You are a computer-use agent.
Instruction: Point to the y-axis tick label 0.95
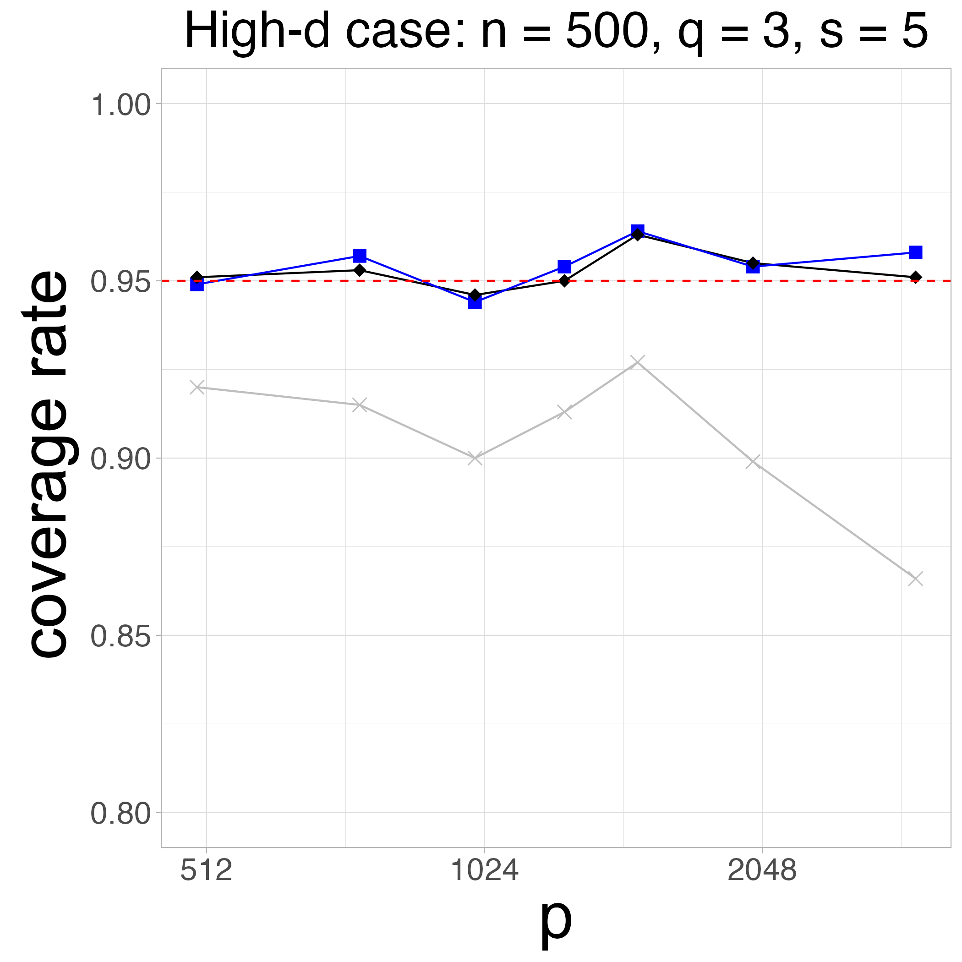[x=120, y=283]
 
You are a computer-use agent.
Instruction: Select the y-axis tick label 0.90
[x=120, y=460]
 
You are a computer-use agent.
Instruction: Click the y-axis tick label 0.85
[x=120, y=637]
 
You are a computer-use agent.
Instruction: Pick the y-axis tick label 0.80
[x=120, y=814]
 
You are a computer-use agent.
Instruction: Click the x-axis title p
[x=556, y=922]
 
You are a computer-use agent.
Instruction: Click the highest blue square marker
[x=637, y=231]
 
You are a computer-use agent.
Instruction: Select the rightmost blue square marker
[x=915, y=252]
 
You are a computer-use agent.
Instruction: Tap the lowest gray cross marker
[x=915, y=579]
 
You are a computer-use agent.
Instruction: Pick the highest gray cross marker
[x=637, y=362]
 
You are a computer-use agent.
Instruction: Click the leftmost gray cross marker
[x=197, y=387]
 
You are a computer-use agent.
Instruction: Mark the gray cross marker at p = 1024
[x=475, y=458]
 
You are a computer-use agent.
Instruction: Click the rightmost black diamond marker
[x=915, y=277]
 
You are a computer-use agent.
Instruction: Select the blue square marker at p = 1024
[x=475, y=302]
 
